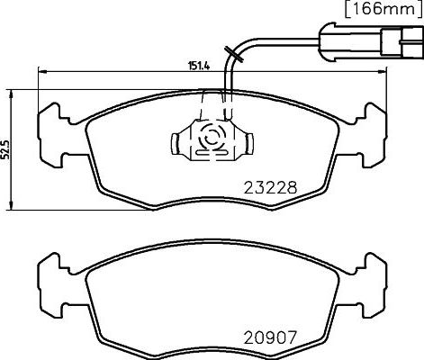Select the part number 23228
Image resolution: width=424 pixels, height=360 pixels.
(271, 188)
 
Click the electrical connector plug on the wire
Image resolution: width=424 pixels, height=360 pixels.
(367, 41)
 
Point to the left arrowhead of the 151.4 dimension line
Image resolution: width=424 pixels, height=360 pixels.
(41, 71)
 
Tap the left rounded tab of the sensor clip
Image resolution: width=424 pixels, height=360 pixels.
(177, 142)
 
